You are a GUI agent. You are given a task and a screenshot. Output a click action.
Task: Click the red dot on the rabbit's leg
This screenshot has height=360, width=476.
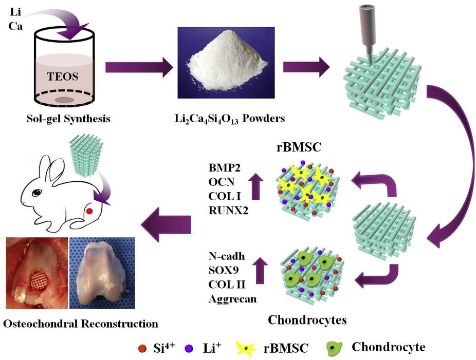[89, 211]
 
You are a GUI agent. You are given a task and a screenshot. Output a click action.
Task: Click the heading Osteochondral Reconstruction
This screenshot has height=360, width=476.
[80, 324]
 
